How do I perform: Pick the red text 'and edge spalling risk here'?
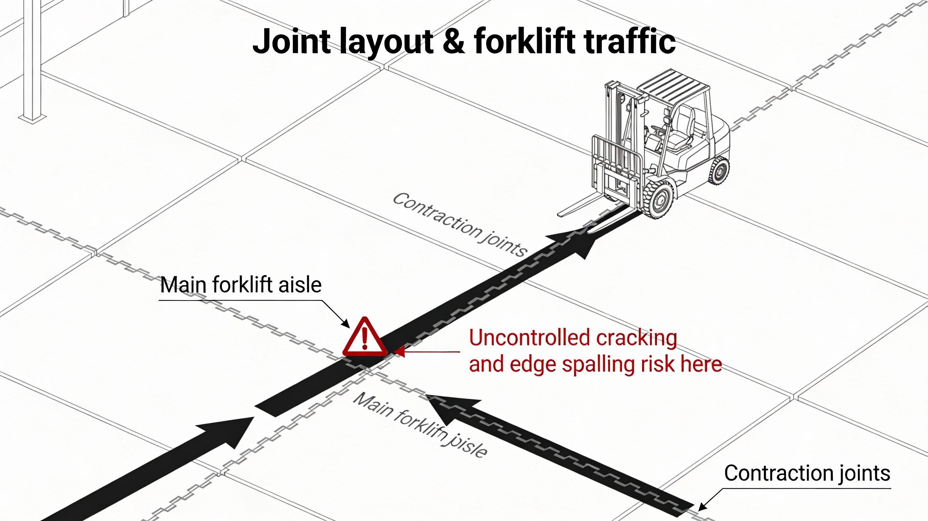click(595, 364)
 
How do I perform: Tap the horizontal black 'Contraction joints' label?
click(807, 473)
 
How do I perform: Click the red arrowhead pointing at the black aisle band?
click(399, 352)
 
